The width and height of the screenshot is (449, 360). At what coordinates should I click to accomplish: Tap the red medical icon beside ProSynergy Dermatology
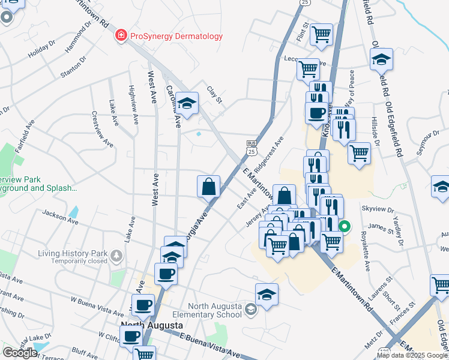pos(121,36)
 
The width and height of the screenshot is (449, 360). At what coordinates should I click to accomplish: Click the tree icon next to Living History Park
pos(116,257)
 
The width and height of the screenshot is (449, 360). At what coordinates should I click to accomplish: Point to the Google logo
pos(20,352)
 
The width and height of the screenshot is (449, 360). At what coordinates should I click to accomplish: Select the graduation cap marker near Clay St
pos(187,103)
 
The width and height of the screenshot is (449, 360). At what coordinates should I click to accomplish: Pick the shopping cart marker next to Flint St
pos(321,34)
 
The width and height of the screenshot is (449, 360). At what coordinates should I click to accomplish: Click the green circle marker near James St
pos(345,227)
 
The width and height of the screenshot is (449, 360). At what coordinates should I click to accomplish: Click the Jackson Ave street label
pos(60,216)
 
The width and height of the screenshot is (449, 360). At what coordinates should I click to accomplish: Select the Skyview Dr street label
pos(378,210)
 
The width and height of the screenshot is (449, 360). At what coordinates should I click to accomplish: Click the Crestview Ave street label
pos(101,128)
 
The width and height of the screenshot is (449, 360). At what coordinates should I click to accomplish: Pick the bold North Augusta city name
pos(152,326)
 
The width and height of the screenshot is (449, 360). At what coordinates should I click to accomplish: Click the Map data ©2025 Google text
pos(412,355)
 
